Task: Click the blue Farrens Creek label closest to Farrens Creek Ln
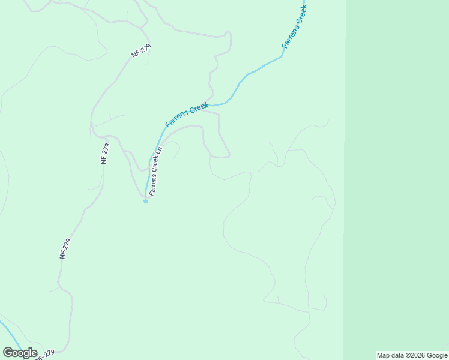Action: pos(187,114)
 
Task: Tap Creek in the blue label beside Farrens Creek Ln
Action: pos(196,110)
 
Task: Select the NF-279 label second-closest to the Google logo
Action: pos(66,248)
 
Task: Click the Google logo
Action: pos(20,352)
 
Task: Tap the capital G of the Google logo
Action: pos(8,352)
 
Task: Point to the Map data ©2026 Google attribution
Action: pos(412,355)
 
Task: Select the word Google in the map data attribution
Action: pos(436,355)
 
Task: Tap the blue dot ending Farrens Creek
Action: pos(145,202)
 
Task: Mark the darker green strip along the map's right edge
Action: pos(396,180)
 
